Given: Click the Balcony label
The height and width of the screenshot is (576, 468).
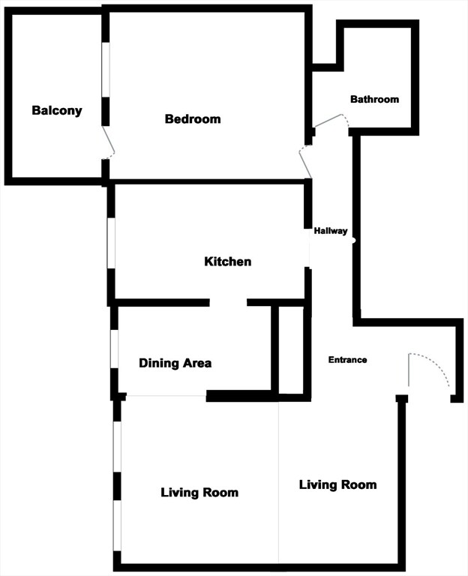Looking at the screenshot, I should tap(56, 110).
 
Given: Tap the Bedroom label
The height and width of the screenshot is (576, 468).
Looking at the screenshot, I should tap(193, 118).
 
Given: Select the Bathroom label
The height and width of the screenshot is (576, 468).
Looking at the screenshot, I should tap(374, 99).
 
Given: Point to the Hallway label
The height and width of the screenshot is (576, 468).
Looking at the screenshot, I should tap(331, 230).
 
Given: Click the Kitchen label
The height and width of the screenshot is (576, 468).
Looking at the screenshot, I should tap(227, 262).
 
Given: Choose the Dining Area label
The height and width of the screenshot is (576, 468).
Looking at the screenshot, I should tap(175, 363).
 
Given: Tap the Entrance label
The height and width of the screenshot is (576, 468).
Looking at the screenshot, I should tap(347, 360).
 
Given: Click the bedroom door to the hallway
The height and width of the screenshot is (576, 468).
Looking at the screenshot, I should tap(305, 163).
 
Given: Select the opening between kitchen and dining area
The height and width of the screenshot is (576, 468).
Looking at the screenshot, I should tap(228, 302).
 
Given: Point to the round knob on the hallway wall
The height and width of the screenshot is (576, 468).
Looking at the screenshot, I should tap(354, 241).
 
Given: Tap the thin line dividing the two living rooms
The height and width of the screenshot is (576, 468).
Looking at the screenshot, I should tap(278, 480).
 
